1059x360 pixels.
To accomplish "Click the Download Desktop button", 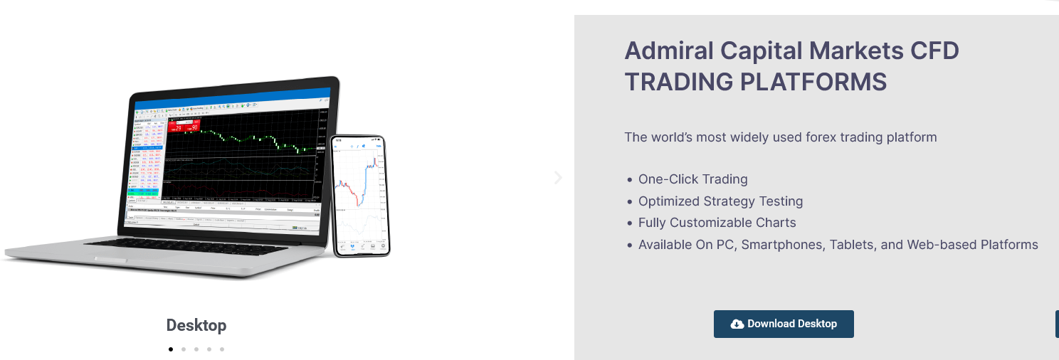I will coord(784,324).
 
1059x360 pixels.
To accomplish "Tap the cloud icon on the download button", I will coord(737,324).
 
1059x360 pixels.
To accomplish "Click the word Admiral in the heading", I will coord(669,51).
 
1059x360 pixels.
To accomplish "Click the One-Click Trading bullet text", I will coord(692,179).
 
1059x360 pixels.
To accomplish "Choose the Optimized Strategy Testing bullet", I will coord(720,201).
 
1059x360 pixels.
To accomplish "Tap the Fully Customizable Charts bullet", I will coord(717,223).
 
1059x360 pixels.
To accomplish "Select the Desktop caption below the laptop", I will coord(196,325).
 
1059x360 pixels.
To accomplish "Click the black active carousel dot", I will coord(171,349).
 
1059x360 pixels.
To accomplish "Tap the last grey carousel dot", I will coord(222,349).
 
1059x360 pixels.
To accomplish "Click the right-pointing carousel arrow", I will coord(558,178).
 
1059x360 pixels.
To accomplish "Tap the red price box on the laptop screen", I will coord(184,126).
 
